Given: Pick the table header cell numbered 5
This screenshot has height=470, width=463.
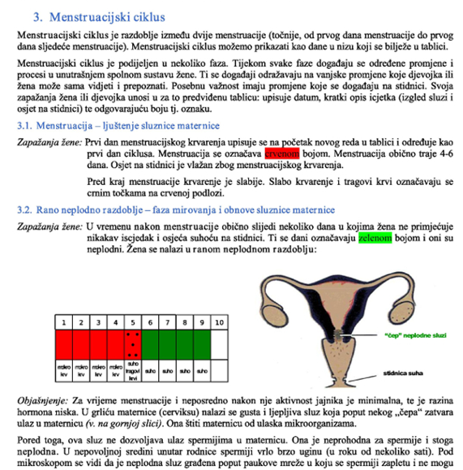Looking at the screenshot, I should coord(135,322).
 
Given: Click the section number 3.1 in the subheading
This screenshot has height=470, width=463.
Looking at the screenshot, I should coord(27,125).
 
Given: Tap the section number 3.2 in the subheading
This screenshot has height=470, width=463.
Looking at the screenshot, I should coord(27,209).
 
